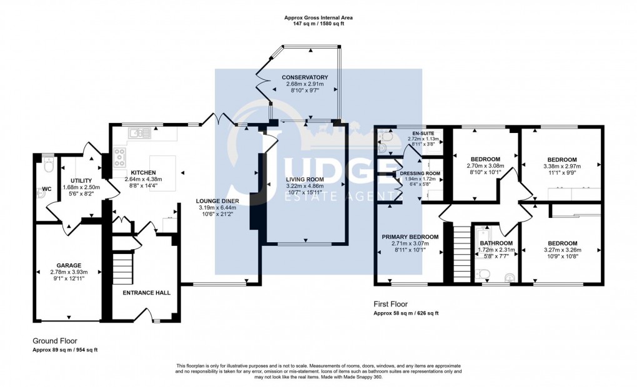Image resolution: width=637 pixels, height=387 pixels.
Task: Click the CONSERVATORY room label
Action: pos(305,77)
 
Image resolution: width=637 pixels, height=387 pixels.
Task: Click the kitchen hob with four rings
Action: pos(119,159)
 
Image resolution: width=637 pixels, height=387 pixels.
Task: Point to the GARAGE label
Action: pos(70,265)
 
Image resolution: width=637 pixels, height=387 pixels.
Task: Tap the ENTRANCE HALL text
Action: pos(146,292)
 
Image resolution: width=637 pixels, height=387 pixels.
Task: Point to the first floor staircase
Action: pos(460,252)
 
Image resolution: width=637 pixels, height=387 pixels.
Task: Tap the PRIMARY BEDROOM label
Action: pos(410,237)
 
